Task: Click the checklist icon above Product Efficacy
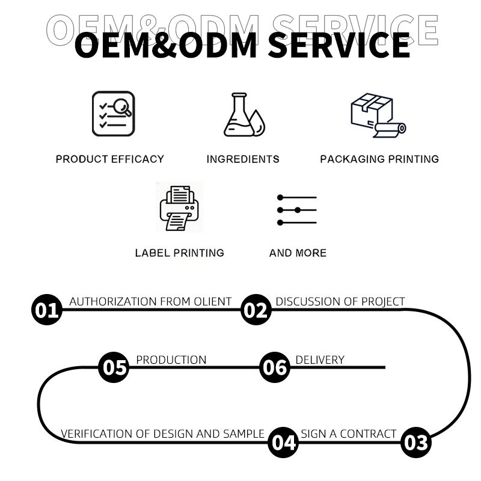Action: point(113,114)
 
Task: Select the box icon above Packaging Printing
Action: point(377,115)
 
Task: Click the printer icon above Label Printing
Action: point(179,207)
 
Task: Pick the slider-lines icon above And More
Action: point(297,210)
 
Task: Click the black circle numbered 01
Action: point(46,310)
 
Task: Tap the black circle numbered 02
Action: point(256,310)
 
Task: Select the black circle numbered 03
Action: point(415,443)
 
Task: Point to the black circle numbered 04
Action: point(283,443)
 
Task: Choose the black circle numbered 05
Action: point(114,367)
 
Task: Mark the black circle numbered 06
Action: point(275,367)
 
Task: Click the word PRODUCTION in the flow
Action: point(171,360)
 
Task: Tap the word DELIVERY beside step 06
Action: point(320,360)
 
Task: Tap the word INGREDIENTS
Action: point(243,159)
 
